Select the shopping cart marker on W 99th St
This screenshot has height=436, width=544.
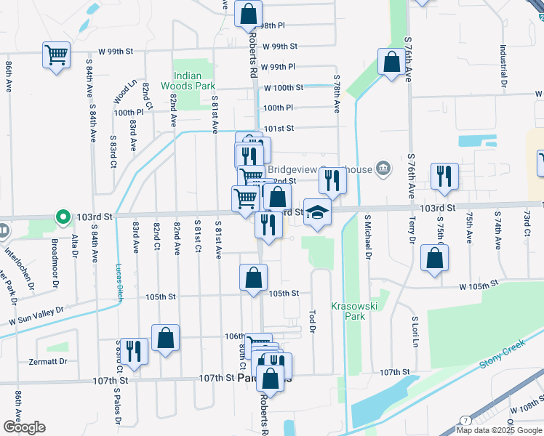[57, 54]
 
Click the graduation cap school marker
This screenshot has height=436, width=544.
[316, 212]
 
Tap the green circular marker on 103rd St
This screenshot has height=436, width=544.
[63, 217]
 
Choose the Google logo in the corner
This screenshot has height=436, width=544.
[24, 427]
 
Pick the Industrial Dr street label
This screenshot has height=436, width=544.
[503, 63]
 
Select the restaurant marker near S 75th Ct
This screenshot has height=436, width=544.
[444, 177]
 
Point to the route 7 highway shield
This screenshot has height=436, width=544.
[465, 421]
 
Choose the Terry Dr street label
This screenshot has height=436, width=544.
[412, 229]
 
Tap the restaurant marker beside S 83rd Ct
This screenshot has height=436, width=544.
[133, 351]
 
